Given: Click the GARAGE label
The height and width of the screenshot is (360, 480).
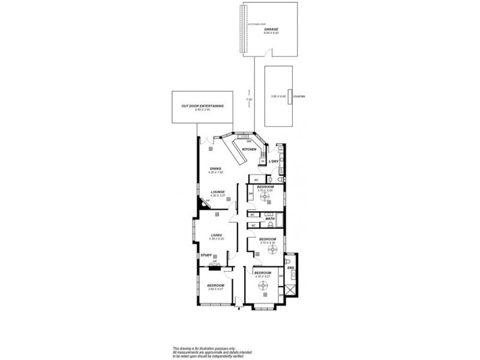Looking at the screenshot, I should click(271, 28).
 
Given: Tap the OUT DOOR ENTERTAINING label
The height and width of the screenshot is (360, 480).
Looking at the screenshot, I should click(202, 106).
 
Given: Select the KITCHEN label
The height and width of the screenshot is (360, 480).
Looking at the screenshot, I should click(249, 149).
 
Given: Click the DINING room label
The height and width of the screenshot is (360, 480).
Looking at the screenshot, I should click(215, 169).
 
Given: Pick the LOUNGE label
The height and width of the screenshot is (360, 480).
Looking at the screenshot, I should click(217, 193).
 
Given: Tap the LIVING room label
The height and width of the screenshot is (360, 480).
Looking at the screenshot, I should click(217, 235).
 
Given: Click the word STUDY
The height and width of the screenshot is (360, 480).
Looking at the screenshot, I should click(207, 255).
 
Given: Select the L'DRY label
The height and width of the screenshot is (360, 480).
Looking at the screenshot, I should click(273, 161).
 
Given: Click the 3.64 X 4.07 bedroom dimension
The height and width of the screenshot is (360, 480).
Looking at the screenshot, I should click(215, 289).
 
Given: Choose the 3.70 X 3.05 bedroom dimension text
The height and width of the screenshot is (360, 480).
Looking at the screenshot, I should click(265, 191).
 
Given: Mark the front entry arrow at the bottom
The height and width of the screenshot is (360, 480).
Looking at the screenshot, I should click(239, 308).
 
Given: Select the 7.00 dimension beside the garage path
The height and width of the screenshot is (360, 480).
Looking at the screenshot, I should click(250, 99).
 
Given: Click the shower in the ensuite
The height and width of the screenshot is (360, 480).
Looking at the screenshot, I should click(290, 290).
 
